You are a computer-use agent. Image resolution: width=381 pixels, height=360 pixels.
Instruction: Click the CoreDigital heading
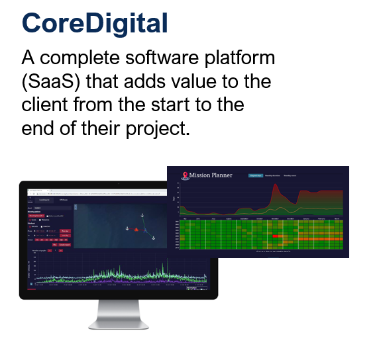tap(95, 22)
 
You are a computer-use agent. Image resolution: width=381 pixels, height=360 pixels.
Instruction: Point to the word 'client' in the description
tap(46, 105)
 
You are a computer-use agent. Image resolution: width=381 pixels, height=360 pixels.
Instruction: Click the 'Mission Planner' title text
tap(211, 175)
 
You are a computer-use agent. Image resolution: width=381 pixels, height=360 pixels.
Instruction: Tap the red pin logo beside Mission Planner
tap(186, 175)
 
